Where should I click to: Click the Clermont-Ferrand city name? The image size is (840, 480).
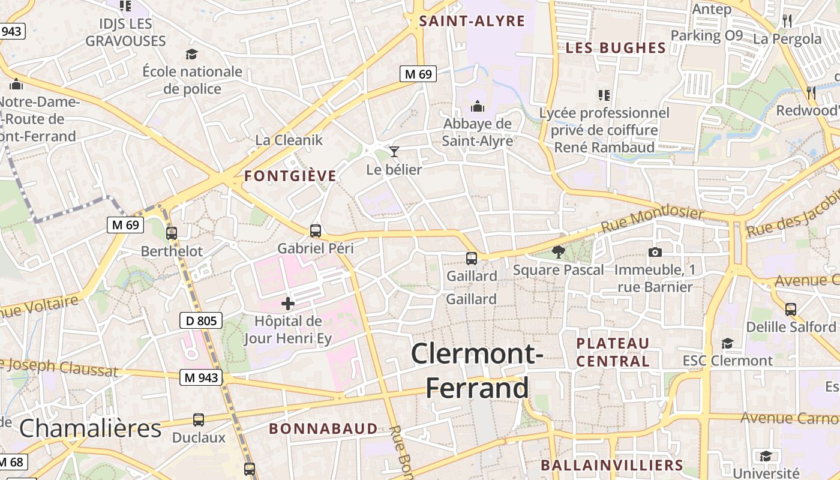point(478,371)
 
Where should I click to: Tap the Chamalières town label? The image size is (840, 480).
point(90,428)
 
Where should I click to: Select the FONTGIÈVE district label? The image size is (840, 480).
point(290,176)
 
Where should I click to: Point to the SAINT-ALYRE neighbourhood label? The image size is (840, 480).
point(472,22)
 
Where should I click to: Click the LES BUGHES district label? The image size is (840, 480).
point(616,48)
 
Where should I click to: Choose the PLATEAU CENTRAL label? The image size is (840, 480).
point(613,352)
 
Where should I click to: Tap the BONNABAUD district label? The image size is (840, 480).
point(323,428)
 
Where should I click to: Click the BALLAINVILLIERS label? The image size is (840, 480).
point(611,465)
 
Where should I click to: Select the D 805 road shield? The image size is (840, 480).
point(201,320)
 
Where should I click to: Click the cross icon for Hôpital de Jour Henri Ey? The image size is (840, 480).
point(288,304)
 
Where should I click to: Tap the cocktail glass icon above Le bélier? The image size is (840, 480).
point(394,151)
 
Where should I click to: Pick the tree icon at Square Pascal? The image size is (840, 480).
point(559,252)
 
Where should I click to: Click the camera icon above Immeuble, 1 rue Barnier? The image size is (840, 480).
point(655,252)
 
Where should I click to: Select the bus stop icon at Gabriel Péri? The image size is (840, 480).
point(316,230)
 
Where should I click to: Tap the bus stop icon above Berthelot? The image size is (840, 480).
point(172,233)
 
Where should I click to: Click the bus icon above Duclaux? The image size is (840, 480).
point(199,420)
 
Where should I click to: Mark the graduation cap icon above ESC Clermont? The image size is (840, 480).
point(727,343)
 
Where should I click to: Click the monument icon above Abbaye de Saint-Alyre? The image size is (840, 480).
point(478,106)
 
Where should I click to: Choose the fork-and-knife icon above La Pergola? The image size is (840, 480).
point(787,21)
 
